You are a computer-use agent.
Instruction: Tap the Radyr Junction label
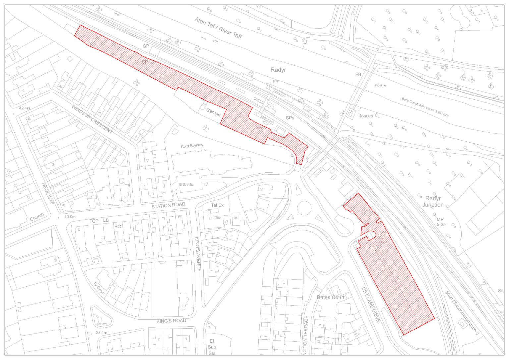click(x=433, y=201)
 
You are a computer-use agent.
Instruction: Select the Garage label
click(x=213, y=112)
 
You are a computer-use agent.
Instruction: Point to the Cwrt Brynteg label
click(x=192, y=146)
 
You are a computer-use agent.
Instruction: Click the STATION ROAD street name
click(x=168, y=205)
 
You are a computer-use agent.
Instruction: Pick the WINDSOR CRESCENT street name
click(x=92, y=119)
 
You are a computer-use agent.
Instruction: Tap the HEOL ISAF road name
click(x=48, y=193)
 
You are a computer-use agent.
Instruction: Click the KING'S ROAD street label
click(x=171, y=321)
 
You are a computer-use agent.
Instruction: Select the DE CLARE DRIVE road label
click(x=370, y=304)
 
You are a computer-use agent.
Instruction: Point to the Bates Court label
click(x=330, y=297)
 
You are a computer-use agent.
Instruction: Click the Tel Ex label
click(x=217, y=205)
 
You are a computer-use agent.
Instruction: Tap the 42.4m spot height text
click(x=25, y=108)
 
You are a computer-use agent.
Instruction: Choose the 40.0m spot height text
click(x=70, y=217)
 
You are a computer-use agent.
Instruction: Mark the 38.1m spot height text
click(x=102, y=332)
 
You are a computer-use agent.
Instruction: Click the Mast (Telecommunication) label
click(x=462, y=312)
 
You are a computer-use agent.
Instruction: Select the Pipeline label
click(x=380, y=85)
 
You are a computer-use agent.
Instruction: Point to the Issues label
click(x=366, y=116)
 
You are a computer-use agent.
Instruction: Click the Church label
click(x=37, y=217)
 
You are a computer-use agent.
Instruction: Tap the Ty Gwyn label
click(x=99, y=288)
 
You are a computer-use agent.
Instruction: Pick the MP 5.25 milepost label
click(x=441, y=222)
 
